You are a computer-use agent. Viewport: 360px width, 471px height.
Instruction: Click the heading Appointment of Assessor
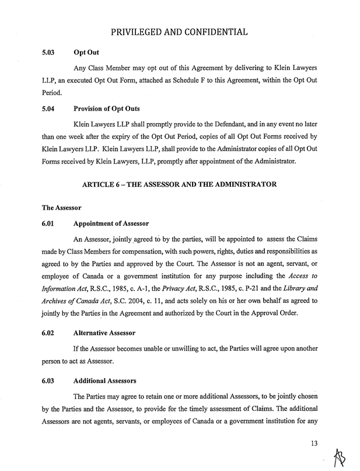tap(111, 224)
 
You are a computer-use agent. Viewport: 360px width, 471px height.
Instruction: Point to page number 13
tap(316, 445)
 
